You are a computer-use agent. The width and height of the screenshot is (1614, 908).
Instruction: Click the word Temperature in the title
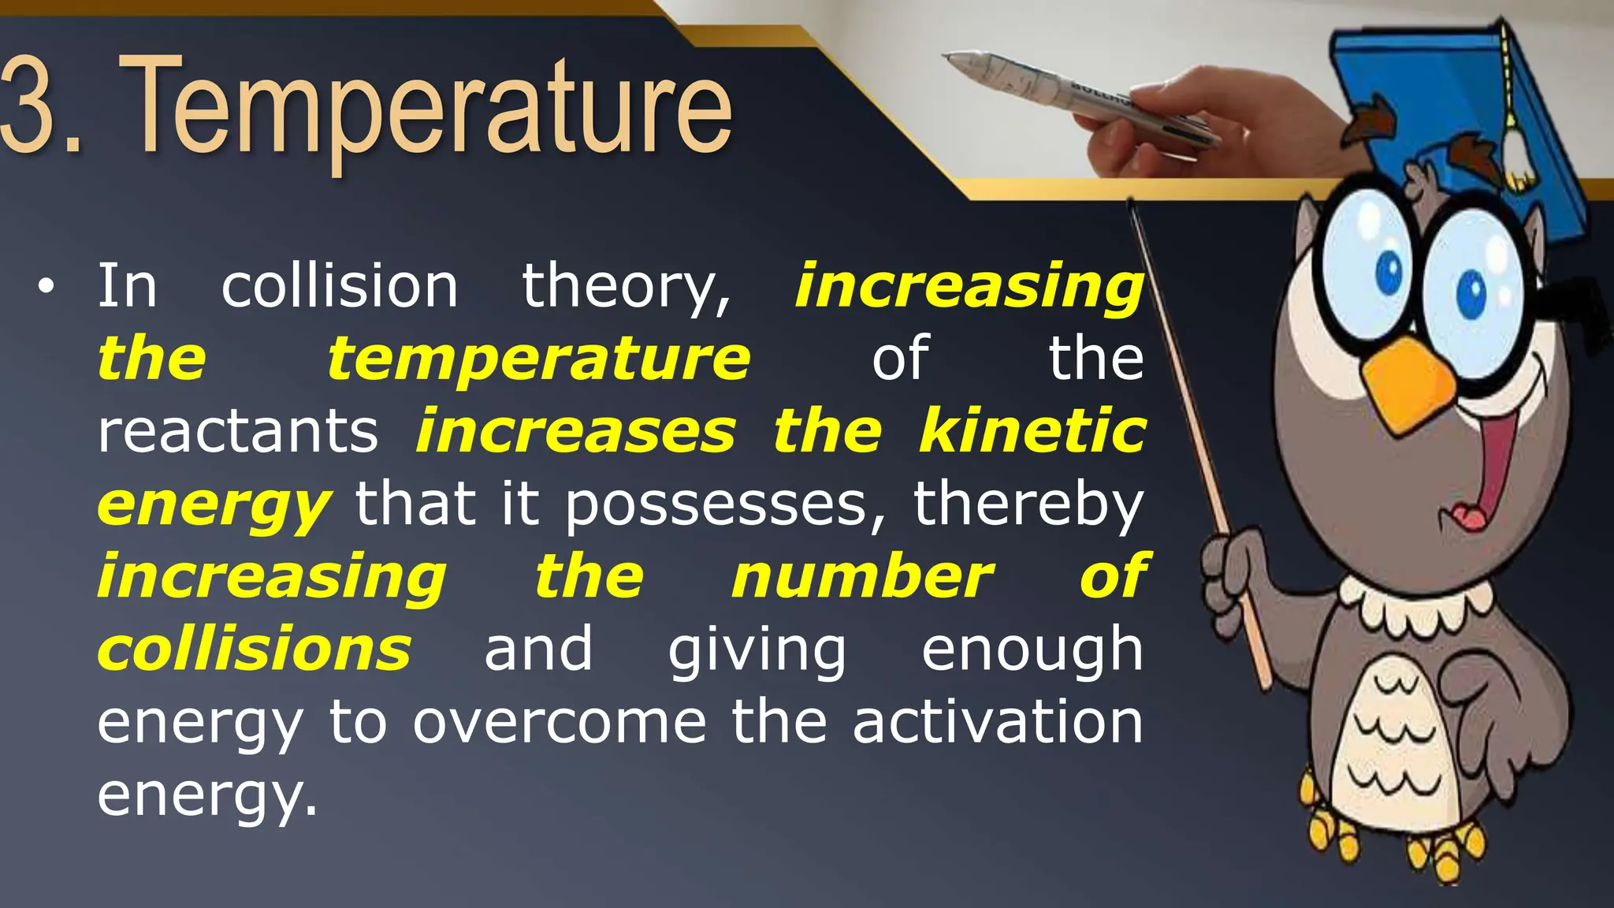[x=426, y=106]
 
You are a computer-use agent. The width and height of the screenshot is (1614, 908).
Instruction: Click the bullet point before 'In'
[x=46, y=288]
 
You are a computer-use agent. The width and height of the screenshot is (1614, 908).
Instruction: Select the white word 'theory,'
[x=627, y=288]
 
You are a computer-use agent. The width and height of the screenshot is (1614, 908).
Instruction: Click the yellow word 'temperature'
[x=539, y=359]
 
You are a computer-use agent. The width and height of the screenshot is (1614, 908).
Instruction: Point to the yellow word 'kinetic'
[x=1032, y=431]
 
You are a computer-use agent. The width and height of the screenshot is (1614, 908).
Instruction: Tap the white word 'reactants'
[x=237, y=432]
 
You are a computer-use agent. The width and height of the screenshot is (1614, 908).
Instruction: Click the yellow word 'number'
[x=862, y=577]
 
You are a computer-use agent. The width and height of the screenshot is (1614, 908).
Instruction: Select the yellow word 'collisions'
[x=254, y=649]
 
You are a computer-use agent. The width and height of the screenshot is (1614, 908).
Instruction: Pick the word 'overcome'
[x=560, y=722]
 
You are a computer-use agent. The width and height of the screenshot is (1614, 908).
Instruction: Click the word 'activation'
[x=998, y=722]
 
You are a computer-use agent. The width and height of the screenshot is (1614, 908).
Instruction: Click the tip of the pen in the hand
[x=949, y=57]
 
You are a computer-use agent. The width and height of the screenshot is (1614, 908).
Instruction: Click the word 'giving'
[x=757, y=651]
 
